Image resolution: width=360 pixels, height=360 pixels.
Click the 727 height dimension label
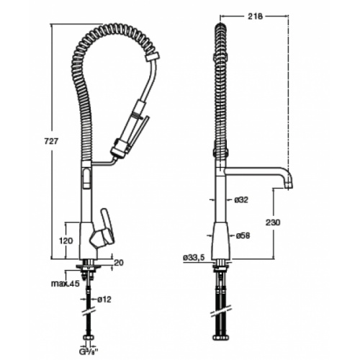click(51, 141)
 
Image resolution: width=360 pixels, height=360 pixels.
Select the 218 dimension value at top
click(254, 16)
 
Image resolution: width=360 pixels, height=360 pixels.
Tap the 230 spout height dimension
click(273, 222)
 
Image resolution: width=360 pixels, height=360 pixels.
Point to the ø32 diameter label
click(241, 199)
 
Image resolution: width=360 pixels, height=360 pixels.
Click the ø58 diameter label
click(243, 235)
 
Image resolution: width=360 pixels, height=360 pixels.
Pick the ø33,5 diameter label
click(194, 258)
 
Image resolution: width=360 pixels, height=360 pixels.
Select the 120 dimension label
click(66, 240)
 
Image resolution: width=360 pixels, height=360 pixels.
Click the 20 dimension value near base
click(118, 262)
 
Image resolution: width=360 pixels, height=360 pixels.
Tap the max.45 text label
click(65, 284)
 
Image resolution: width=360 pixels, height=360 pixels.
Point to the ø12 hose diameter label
click(104, 300)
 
